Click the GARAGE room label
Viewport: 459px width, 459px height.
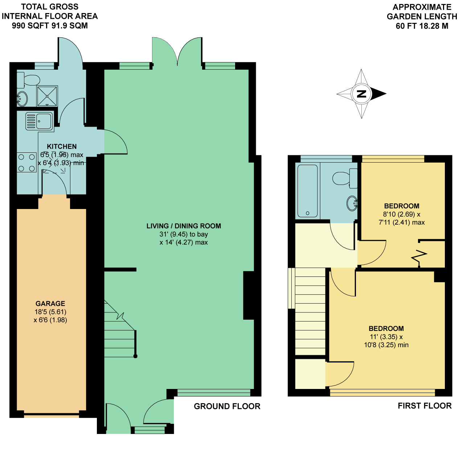coord(50,303)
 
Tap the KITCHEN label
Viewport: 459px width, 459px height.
coord(62,147)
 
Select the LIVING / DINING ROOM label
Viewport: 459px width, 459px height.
coord(184,226)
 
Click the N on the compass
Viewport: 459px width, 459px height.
coord(361,94)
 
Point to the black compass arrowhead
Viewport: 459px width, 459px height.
coord(378,94)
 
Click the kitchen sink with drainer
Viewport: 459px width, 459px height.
coord(40,122)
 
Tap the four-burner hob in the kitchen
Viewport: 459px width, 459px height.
coord(26,163)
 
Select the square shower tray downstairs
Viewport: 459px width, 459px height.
coord(47,96)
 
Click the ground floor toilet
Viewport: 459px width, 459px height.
coord(28,80)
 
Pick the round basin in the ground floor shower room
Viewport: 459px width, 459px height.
coord(22,99)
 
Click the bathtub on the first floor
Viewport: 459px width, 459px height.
coord(307,191)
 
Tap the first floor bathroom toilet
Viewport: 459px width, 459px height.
coord(345,179)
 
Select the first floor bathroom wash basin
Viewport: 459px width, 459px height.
coord(352,204)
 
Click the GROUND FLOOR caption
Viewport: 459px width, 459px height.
coord(227,406)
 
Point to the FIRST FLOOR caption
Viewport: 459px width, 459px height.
coord(425,406)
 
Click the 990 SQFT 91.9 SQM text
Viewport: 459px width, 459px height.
coord(50,25)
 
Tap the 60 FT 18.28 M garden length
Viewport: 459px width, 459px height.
coord(422,26)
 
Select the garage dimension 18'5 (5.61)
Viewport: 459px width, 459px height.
coord(50,312)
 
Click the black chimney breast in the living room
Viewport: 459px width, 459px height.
coord(249,295)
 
